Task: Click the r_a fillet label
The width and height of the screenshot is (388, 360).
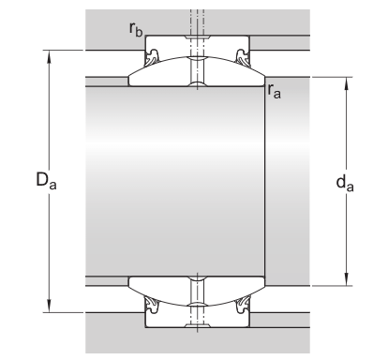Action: [275, 91]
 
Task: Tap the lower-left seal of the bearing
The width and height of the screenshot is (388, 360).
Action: [150, 303]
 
